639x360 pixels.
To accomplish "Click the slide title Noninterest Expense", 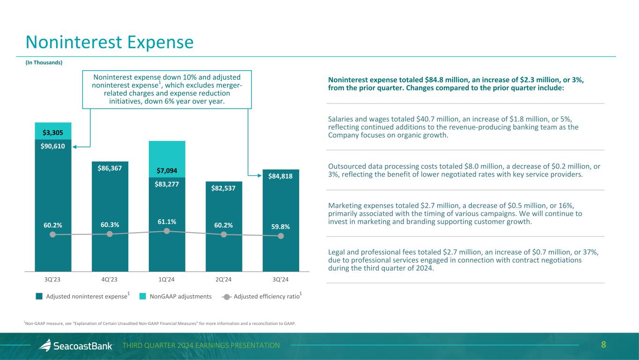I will (110, 43).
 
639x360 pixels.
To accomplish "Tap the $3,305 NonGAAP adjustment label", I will (53, 132).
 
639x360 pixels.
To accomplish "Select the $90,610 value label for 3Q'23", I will (53, 146).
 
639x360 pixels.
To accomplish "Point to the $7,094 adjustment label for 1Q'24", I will (167, 170).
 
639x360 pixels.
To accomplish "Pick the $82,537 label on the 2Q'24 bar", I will (224, 188).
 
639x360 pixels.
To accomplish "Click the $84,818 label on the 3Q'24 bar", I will (281, 176).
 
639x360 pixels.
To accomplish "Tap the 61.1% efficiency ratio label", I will (167, 221).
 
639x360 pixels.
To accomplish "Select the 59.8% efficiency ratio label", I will (281, 227).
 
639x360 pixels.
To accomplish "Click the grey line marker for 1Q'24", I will (167, 231).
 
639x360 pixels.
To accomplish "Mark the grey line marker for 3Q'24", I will (281, 236).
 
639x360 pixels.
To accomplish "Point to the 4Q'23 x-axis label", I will (110, 279).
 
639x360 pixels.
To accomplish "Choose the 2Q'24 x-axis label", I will (224, 279).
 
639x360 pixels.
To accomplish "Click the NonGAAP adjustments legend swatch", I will (143, 296).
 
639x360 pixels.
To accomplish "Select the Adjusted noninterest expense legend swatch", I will (39, 296).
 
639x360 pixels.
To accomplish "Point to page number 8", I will (603, 345).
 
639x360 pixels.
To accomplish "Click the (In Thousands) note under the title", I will (44, 62).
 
